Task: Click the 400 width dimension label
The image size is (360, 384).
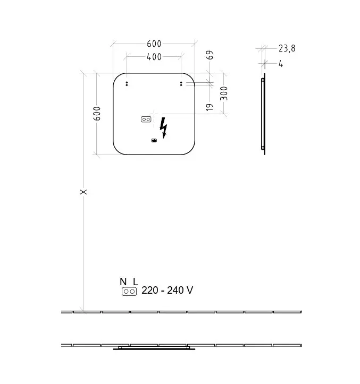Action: [x=154, y=57]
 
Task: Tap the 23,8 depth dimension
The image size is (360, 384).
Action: [x=287, y=48]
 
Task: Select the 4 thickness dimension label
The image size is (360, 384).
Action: [x=281, y=64]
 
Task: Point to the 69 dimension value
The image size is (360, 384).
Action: [x=210, y=55]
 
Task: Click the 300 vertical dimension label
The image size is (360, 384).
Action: [x=224, y=93]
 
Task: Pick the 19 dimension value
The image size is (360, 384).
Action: [x=210, y=107]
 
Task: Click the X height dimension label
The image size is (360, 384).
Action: [x=83, y=192]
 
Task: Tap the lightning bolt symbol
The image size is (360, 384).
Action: [x=163, y=128]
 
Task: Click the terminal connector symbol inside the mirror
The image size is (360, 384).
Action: [x=146, y=120]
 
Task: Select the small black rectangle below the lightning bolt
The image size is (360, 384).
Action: [x=154, y=141]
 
